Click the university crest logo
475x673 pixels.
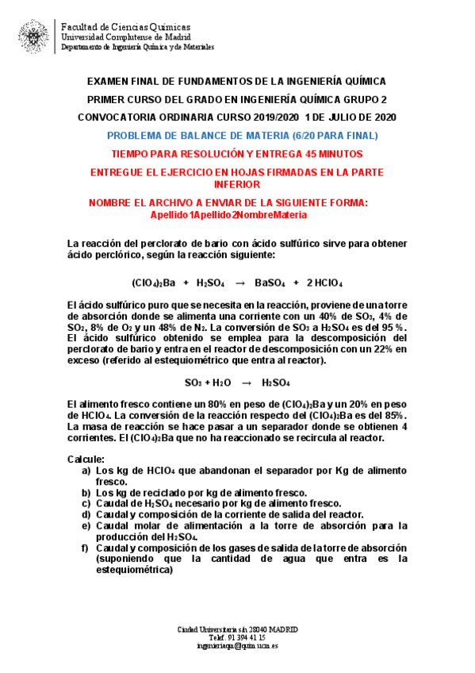[33, 37]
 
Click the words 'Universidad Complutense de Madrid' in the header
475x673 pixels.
[125, 37]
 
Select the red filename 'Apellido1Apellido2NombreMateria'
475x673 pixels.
[228, 214]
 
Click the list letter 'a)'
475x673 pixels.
[86, 471]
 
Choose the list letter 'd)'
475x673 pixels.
[86, 514]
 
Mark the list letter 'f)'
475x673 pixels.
[86, 548]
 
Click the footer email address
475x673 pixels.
[238, 646]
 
